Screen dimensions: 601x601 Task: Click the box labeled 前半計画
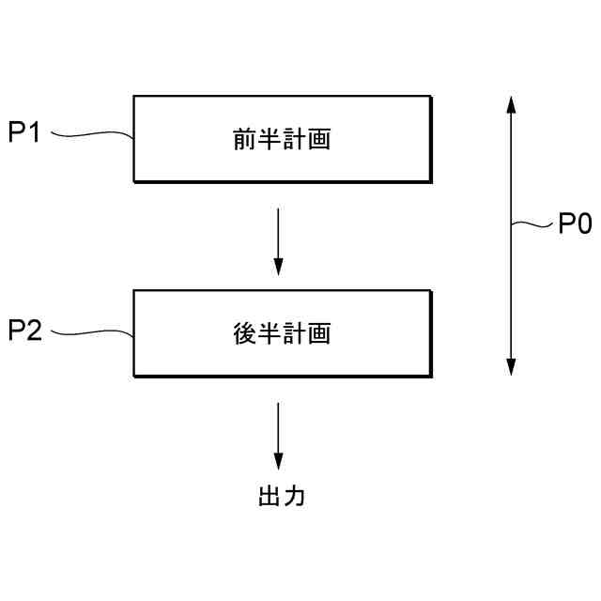282,139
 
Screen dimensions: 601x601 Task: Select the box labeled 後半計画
282,333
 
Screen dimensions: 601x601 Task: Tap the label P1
24,133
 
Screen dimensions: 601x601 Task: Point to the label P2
24,331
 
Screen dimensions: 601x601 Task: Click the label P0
575,224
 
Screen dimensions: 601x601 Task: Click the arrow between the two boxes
278,241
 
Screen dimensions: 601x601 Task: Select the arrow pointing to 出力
278,436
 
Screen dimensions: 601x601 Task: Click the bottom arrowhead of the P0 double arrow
511,366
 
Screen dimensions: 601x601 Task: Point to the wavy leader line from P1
91,137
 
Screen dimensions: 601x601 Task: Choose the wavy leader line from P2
91,332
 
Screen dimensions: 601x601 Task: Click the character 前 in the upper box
244,140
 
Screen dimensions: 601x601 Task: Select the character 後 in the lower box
244,334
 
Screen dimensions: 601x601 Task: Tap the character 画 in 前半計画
319,140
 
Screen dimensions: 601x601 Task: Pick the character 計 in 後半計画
295,334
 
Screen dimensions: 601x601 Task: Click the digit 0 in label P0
583,224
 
